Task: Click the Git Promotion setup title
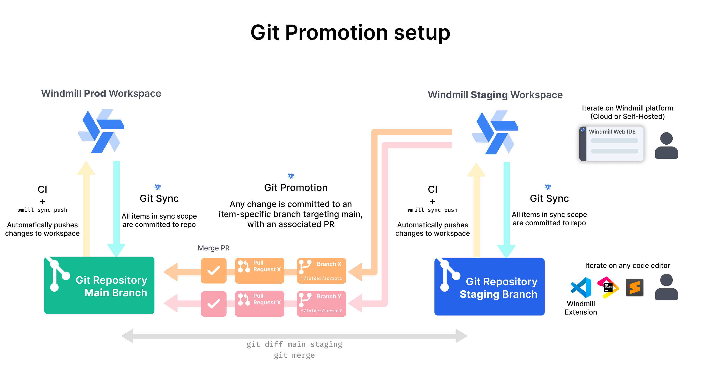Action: pyautogui.click(x=350, y=33)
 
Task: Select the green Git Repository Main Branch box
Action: pyautogui.click(x=99, y=285)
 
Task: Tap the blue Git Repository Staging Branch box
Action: pyautogui.click(x=489, y=286)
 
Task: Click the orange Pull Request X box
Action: pyautogui.click(x=259, y=271)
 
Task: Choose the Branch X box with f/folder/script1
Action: pyautogui.click(x=321, y=271)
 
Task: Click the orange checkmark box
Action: pyautogui.click(x=214, y=271)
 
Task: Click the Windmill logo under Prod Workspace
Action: pyautogui.click(x=101, y=131)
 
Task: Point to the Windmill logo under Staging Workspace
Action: pyautogui.click(x=495, y=132)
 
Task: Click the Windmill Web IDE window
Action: pyautogui.click(x=611, y=143)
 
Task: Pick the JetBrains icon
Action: pyautogui.click(x=608, y=287)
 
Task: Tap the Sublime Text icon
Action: pyautogui.click(x=634, y=287)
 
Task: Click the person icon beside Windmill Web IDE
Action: pyautogui.click(x=666, y=146)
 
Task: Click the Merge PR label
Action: pyautogui.click(x=214, y=248)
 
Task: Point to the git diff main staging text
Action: pyautogui.click(x=294, y=344)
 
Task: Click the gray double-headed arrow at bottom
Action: pyautogui.click(x=294, y=336)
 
